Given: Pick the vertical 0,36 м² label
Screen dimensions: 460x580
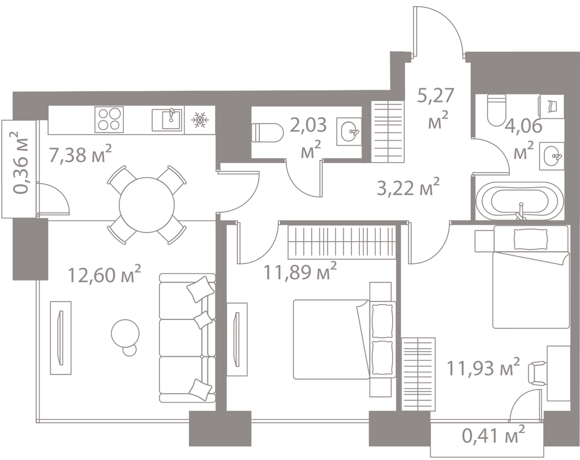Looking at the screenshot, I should point(21,162).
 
